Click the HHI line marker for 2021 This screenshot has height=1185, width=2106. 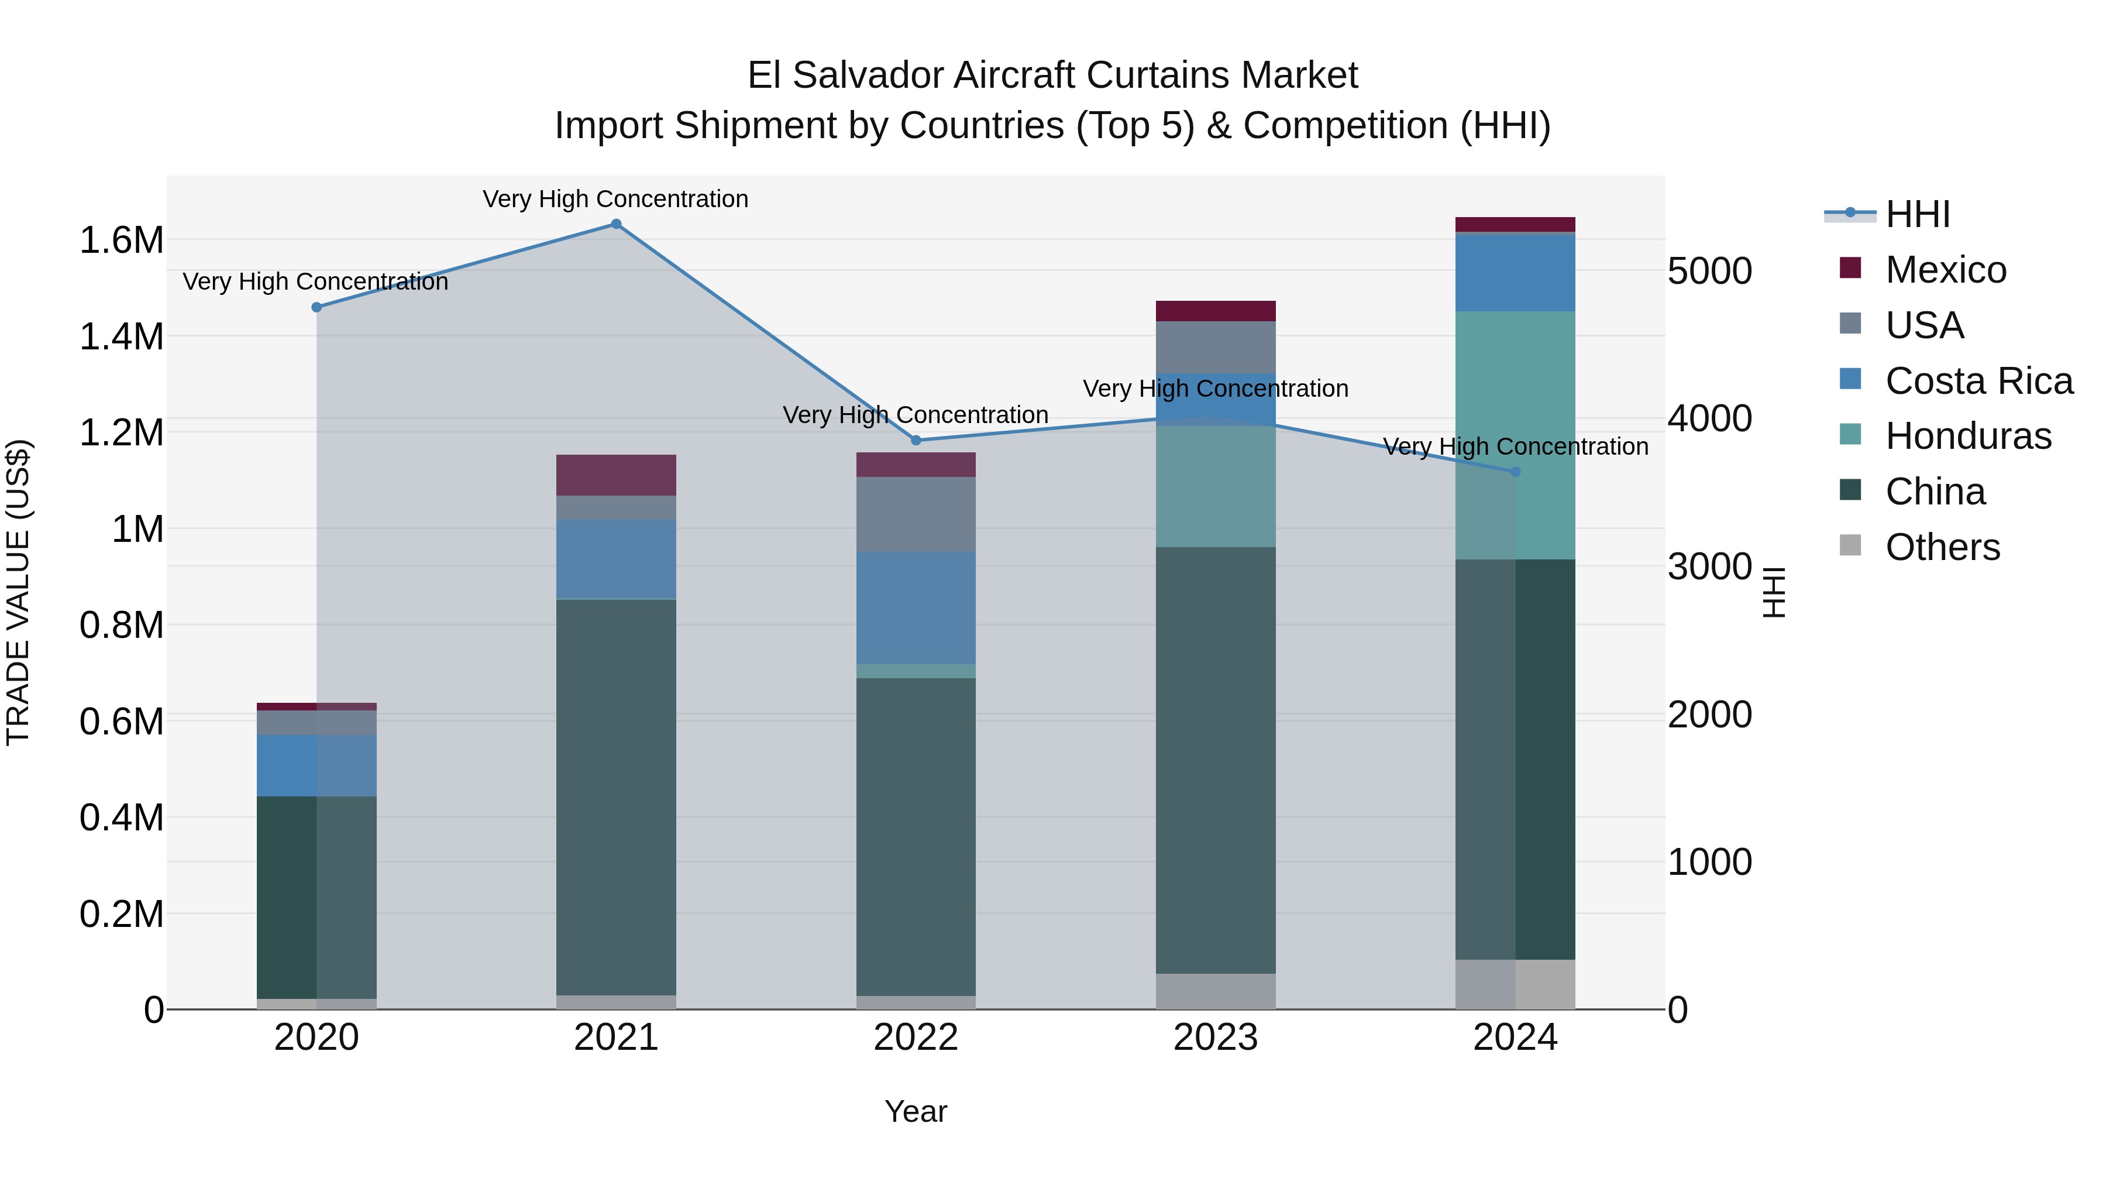click(x=617, y=224)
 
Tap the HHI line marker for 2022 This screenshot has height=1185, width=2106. click(x=916, y=440)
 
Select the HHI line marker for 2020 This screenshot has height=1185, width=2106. click(x=317, y=307)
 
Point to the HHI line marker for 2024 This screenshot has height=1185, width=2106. click(x=1515, y=472)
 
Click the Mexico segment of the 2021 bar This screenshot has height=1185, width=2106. click(x=617, y=475)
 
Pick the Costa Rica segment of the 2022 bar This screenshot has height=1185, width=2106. click(x=916, y=607)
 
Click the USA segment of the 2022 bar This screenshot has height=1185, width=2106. click(x=916, y=514)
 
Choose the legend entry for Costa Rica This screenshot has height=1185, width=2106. click(x=1978, y=381)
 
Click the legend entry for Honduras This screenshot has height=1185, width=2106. click(x=1968, y=436)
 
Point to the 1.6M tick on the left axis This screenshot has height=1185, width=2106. click(x=121, y=241)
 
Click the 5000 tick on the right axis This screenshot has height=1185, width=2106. click(x=1709, y=271)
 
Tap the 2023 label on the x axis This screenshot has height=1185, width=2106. click(x=1216, y=1038)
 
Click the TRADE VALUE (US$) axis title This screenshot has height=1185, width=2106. click(x=19, y=592)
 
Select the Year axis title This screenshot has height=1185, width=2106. click(x=916, y=1111)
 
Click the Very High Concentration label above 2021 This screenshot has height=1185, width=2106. click(x=615, y=199)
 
